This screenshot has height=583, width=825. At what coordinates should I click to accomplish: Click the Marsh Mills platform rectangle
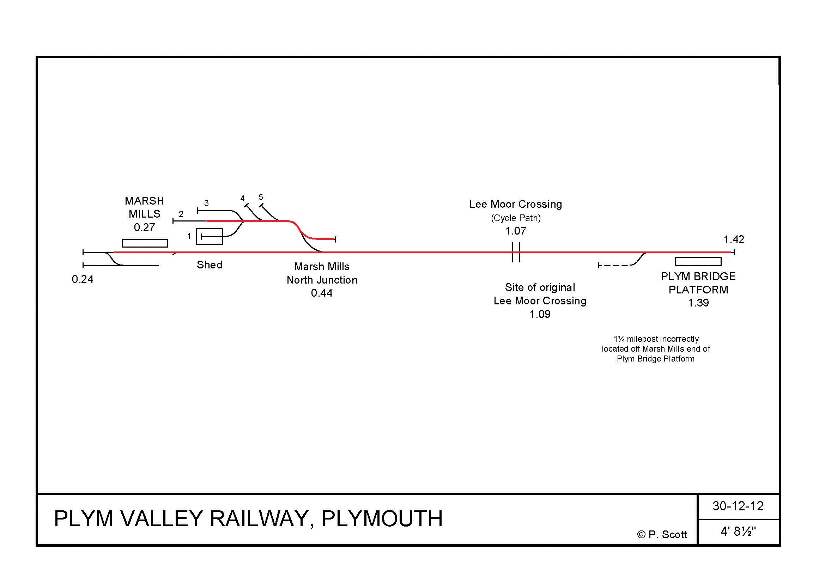click(x=145, y=243)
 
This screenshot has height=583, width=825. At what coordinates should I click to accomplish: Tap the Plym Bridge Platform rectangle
click(x=698, y=261)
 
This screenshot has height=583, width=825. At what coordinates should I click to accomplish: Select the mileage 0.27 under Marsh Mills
click(x=144, y=227)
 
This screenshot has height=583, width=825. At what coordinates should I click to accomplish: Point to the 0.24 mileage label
click(x=82, y=279)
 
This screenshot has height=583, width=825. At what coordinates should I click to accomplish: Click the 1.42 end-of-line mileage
click(x=734, y=239)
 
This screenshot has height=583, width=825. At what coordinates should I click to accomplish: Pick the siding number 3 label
click(x=206, y=203)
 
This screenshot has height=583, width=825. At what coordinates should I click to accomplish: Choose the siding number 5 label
click(x=261, y=197)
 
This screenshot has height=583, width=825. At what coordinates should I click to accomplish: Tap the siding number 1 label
click(x=189, y=236)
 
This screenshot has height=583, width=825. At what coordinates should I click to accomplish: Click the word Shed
click(x=210, y=265)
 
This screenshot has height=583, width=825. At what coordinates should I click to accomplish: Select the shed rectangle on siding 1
click(x=209, y=236)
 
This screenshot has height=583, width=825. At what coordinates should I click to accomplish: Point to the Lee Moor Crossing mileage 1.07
click(x=516, y=231)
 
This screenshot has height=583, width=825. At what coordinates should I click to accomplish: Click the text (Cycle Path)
click(x=516, y=218)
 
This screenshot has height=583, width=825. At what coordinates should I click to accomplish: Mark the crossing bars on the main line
click(x=516, y=252)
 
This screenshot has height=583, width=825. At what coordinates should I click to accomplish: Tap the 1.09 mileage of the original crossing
click(x=540, y=314)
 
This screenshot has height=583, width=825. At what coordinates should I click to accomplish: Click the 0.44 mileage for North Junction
click(x=322, y=293)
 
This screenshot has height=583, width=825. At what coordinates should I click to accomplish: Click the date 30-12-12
click(x=738, y=506)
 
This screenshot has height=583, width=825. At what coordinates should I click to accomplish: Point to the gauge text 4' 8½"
click(x=738, y=532)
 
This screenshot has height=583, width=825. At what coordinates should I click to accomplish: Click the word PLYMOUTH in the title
click(x=382, y=518)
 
